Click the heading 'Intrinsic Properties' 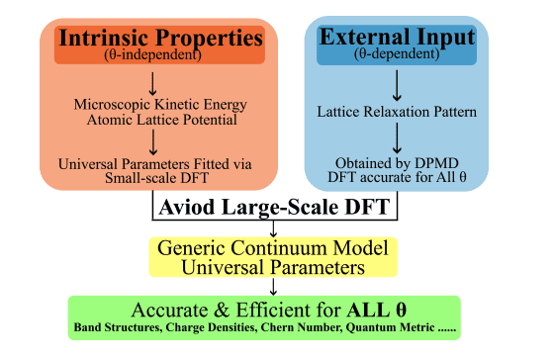pos(159,39)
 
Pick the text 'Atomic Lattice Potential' pos(160,120)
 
